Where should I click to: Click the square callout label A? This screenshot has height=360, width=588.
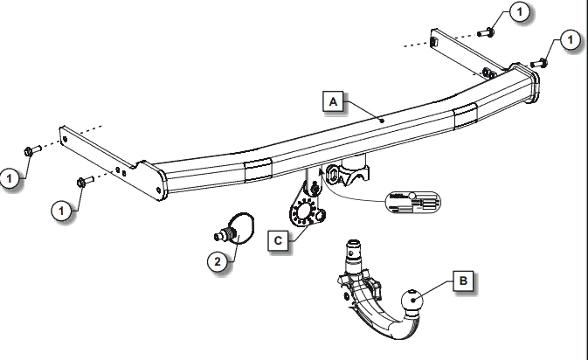333,102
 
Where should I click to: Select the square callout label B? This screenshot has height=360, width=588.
463,281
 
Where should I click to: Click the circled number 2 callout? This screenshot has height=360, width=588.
218,260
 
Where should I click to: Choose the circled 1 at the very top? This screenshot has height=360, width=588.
518,11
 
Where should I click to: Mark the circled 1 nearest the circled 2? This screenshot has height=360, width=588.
61,210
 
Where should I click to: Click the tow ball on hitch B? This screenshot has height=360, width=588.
412,302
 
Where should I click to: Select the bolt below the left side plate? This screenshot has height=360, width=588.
83,182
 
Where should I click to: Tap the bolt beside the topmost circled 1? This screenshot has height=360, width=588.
488,32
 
